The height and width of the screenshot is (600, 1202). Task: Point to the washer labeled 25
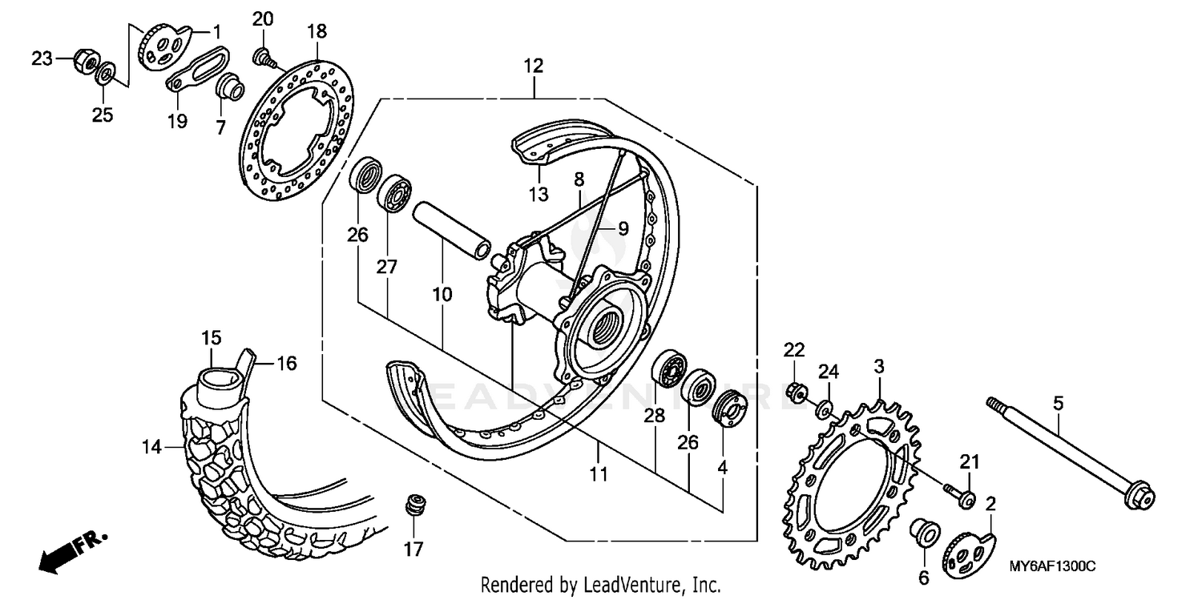pos(104,77)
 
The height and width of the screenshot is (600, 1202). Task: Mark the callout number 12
pos(534,66)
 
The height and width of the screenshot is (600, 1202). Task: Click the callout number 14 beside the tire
pos(152,447)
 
